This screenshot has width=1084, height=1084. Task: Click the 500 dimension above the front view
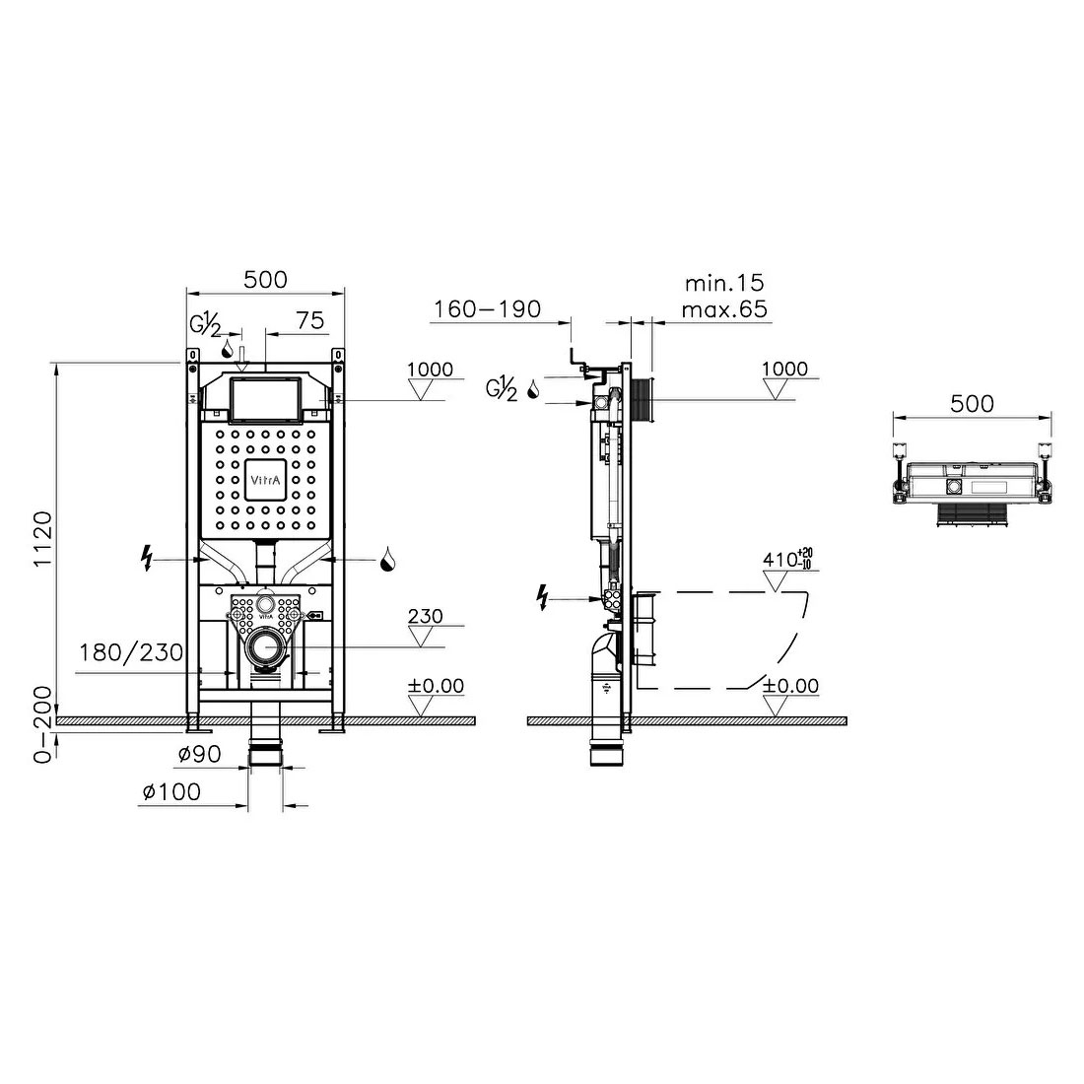265,280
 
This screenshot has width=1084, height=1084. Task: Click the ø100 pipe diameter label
171,791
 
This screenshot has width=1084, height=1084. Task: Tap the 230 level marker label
425,617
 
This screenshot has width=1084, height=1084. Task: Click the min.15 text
724,284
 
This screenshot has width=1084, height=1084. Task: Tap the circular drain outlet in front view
263,647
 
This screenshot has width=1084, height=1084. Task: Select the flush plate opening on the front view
262,399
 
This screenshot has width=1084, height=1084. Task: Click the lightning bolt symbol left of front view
148,560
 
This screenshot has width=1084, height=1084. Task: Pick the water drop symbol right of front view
388,561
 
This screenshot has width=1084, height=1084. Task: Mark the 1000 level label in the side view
784,370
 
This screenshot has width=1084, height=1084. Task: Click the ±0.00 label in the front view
435,686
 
